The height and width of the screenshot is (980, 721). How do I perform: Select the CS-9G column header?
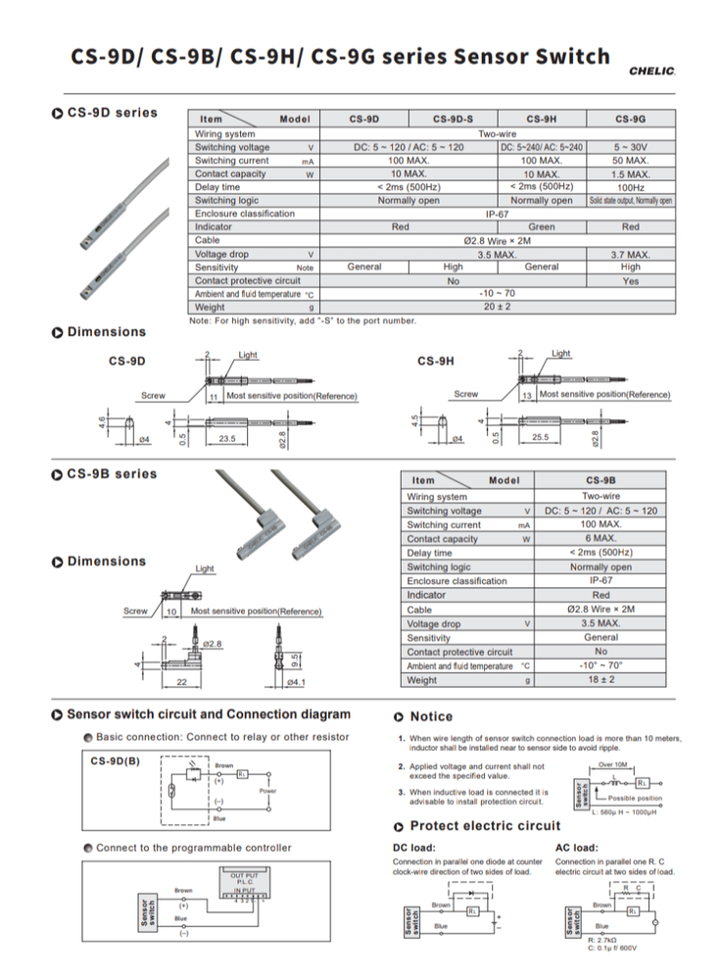pos(630,120)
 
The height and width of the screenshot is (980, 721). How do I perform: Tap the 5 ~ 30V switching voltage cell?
pos(630,147)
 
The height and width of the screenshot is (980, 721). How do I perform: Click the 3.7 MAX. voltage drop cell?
pos(630,254)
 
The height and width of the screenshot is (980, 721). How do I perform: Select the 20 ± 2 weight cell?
pos(498,307)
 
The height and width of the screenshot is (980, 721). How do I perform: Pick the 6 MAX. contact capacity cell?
pos(601,539)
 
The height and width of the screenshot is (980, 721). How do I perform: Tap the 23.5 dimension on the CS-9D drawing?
pos(226,439)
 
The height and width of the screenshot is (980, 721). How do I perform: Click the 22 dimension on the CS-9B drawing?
pos(181,681)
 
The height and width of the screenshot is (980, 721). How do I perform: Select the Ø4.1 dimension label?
pos(296,681)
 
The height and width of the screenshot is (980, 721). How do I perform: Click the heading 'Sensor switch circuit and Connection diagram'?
pos(208,714)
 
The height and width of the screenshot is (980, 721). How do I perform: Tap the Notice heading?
pos(431,716)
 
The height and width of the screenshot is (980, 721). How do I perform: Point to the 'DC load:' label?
pos(413,848)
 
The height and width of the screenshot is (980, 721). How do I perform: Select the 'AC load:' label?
pos(576,848)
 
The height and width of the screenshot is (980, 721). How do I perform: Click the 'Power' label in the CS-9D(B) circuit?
pos(267,790)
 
